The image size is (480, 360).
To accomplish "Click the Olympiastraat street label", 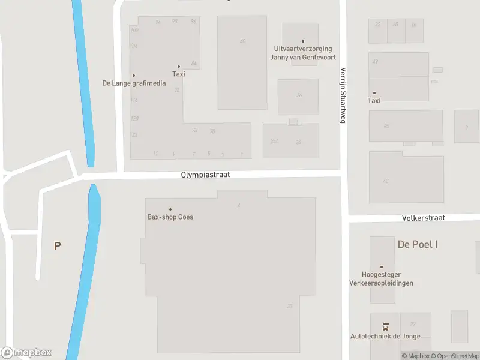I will click(205, 175).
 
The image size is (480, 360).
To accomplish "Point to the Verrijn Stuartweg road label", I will click(344, 95).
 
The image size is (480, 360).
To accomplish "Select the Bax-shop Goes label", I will click(170, 217).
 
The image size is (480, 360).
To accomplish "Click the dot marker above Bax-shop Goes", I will click(170, 209).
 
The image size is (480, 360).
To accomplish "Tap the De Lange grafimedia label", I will click(134, 83).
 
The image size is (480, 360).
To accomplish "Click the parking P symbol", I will click(58, 245).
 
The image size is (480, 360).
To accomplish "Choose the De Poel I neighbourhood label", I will click(418, 244).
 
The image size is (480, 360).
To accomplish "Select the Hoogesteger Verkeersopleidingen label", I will click(382, 279).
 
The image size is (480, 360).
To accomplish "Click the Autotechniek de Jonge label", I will click(385, 336).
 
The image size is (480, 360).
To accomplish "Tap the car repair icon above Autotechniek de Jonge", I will click(385, 327).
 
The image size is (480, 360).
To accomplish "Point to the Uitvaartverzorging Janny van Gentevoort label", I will click(302, 52).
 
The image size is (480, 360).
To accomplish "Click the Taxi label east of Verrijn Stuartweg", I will click(374, 101).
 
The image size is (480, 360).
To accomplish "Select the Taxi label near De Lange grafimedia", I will click(178, 74).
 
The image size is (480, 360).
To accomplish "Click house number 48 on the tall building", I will click(242, 41).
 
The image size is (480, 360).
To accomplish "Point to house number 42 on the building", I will click(385, 181).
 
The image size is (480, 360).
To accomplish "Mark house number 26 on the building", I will click(299, 95).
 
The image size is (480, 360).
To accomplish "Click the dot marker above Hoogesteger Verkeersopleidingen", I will click(381, 267).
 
